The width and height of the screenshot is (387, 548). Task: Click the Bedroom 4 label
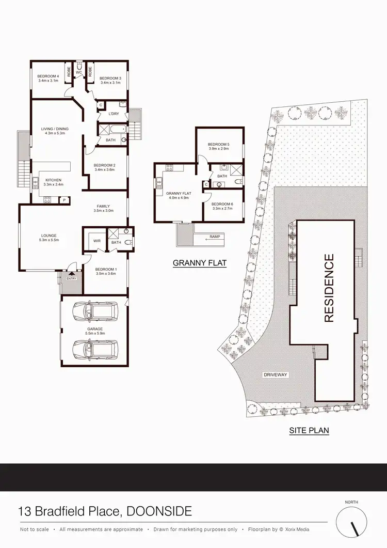pos(48,77)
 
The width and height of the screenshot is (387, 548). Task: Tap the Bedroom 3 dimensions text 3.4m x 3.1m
pos(110,83)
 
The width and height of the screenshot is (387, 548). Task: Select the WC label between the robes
pos(79,72)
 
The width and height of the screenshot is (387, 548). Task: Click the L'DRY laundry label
pos(114,114)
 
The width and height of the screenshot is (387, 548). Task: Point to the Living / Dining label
pos(55,129)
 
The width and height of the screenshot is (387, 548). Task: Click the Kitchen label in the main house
pos(53,180)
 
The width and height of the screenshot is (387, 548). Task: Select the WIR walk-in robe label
pos(96,241)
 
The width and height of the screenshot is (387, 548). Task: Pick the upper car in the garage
pos(95,311)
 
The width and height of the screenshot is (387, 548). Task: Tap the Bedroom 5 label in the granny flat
pos(218,144)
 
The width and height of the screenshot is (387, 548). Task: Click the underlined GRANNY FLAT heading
pos(200,263)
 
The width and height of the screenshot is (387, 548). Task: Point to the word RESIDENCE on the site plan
pos(329,288)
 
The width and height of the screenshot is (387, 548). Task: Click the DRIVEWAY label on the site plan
pos(275,374)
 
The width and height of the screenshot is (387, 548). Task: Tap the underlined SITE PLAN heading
pos(309,430)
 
